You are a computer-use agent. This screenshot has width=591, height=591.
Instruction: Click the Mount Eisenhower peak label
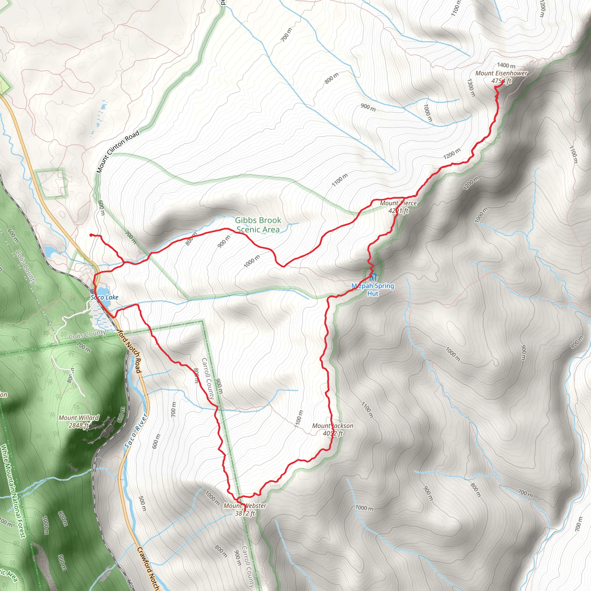coord(501,73)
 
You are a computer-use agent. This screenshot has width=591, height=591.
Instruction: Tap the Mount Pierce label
coord(398,203)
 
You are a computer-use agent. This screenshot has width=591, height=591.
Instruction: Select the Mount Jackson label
coord(332,426)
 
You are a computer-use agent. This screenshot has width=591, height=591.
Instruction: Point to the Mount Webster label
coord(245,506)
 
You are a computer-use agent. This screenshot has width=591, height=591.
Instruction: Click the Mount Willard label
coord(78,418)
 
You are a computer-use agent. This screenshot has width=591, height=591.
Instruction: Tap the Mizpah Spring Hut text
coord(373,290)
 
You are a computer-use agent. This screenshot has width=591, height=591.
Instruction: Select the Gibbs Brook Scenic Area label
coord(258,225)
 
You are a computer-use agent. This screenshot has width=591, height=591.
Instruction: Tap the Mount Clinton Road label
coord(118,152)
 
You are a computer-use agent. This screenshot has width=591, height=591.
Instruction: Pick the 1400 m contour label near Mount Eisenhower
coord(506,66)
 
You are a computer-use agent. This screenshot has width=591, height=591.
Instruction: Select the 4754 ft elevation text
coord(501,81)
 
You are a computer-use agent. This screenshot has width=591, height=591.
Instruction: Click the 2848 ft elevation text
coord(78,426)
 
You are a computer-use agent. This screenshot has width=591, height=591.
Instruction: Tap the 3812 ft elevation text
coord(245,513)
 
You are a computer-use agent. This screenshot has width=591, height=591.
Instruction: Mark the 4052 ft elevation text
coord(332,433)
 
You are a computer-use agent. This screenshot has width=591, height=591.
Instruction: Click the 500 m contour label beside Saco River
coord(143,504)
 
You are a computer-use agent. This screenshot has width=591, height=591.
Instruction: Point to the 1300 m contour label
coord(471,87)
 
